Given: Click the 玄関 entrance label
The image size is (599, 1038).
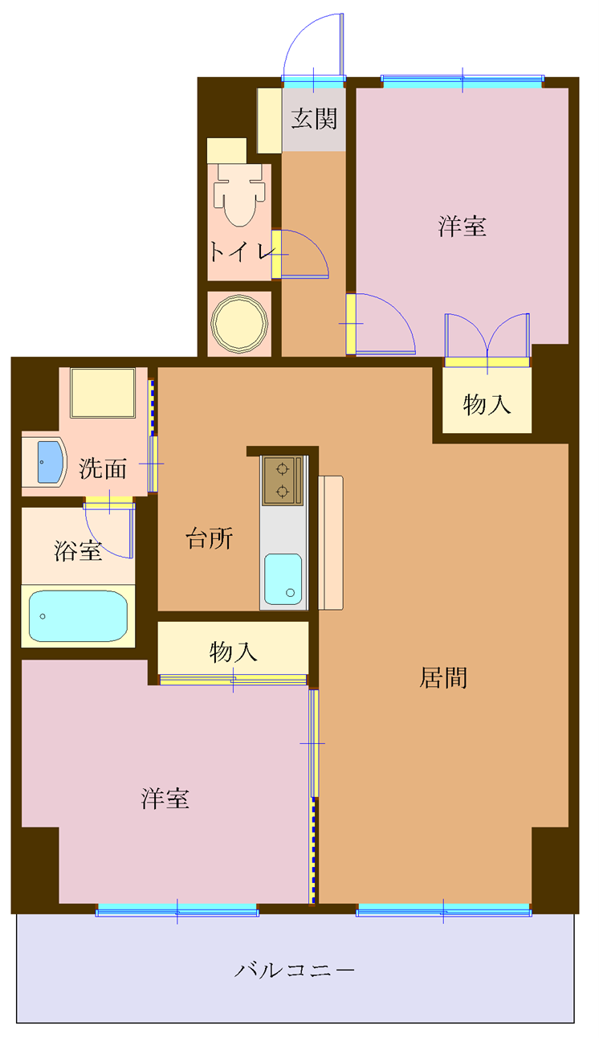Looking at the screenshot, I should tap(313, 119).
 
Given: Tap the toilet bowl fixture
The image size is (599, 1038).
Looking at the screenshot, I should tap(238, 198).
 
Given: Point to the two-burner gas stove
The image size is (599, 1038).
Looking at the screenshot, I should tap(282, 480).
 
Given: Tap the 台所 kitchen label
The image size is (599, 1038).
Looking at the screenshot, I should tap(210, 539).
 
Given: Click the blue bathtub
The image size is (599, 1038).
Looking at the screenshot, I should tap(78, 616).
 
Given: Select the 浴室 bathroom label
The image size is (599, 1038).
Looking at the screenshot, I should tap(78, 551).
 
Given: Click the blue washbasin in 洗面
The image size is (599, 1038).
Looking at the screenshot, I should tap(50, 462).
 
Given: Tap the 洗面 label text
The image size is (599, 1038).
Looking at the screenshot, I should tap(103, 468).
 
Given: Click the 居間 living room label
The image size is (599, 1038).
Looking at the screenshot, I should tap(443, 678).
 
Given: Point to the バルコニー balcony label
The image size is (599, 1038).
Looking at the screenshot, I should tap(295, 971).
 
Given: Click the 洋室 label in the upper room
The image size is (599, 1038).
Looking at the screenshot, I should tap(462, 227).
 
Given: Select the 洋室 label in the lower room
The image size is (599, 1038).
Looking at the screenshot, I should tap(165, 799).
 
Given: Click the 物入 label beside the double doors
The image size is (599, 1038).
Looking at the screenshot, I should tap(487, 405).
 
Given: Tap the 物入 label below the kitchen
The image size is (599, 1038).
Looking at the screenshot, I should tap(233, 652).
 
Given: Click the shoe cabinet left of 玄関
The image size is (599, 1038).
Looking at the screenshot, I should tap(269, 121).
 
